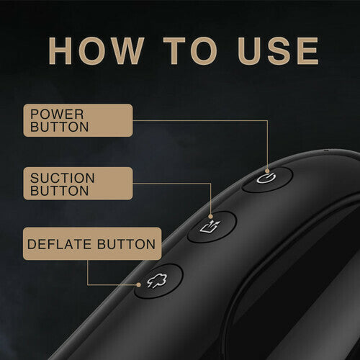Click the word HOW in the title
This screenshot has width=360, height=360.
pos(96,51)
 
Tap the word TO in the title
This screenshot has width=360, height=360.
pos(190,51)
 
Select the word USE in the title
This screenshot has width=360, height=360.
pos(279,51)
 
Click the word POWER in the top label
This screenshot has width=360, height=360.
pos(57,114)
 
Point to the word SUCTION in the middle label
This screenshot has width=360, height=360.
pos(63,178)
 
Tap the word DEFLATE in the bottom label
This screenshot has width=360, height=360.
pos(59,244)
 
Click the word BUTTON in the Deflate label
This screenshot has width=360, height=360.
pos(127,244)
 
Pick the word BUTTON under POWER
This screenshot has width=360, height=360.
pos(60,127)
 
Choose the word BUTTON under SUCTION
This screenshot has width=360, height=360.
pos(60,191)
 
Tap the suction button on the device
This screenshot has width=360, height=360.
pos(212,227)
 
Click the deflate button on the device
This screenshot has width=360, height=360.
pos(158,281)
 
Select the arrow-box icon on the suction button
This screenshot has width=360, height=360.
pos(210,227)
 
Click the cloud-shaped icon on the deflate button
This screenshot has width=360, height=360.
pos(157,280)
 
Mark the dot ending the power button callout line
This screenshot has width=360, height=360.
pos(267,171)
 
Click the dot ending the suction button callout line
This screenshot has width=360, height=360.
pos(211,217)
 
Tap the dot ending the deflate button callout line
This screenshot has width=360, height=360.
pos(138,285)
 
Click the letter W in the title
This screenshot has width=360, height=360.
pos(124,51)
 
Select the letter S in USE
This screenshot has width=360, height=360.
pos(279,51)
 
